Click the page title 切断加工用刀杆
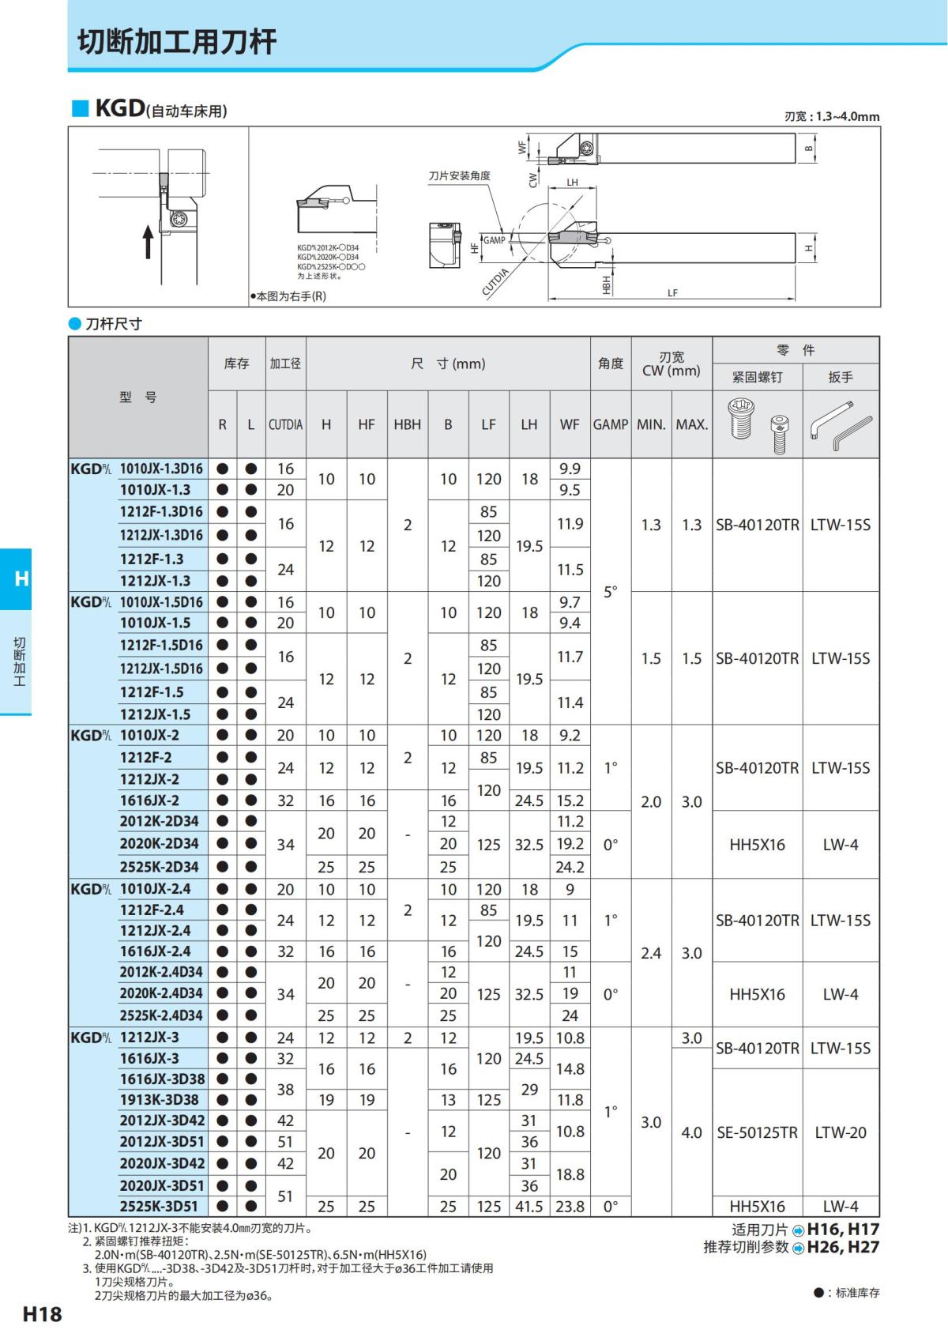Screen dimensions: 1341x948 [x=177, y=42]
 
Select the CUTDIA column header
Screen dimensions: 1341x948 [x=285, y=424]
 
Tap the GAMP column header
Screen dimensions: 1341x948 [x=611, y=424]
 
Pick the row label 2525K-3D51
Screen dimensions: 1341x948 [x=159, y=1206]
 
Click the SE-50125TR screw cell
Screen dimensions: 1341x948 [x=757, y=1132]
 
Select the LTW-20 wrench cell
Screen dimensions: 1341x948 [x=841, y=1132]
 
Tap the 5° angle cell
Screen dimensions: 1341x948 [x=611, y=591]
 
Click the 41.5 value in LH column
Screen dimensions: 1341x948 [x=529, y=1207]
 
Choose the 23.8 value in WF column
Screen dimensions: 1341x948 [x=570, y=1207]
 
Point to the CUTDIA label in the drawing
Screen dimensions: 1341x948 [x=495, y=281]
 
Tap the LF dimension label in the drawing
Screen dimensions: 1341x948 [x=672, y=293]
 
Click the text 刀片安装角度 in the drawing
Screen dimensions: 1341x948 [x=459, y=175]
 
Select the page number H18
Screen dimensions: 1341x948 [x=42, y=1314]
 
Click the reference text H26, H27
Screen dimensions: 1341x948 [x=842, y=1247]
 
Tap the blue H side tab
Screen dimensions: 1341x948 [x=21, y=578]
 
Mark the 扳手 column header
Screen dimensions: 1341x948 [x=841, y=377]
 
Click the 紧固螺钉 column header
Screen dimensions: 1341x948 [x=757, y=377]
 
